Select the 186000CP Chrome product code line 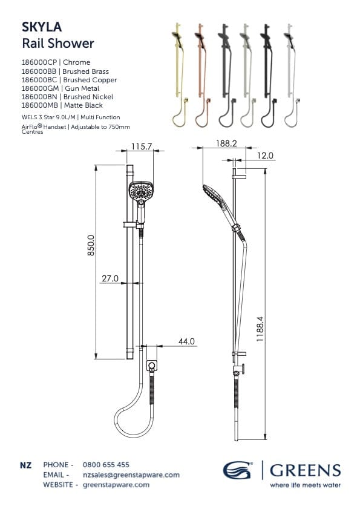(56, 62)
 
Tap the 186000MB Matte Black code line (62, 105)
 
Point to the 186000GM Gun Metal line (59, 88)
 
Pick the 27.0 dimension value (110, 279)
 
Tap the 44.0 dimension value (186, 341)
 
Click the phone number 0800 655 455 (106, 464)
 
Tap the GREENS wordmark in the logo (305, 470)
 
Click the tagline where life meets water (305, 485)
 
